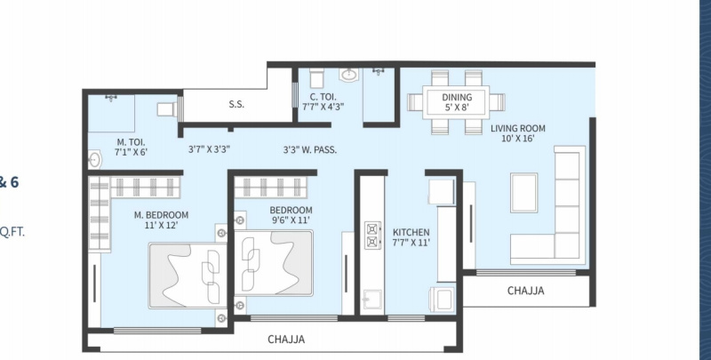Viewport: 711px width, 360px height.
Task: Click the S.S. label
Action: click(x=236, y=104)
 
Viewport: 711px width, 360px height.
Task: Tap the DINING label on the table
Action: click(x=457, y=97)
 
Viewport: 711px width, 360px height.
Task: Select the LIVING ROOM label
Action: click(x=518, y=128)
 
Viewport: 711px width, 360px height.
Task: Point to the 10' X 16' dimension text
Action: click(x=518, y=139)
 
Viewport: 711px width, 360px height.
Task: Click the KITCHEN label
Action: click(x=411, y=232)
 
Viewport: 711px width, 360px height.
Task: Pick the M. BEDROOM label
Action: click(x=161, y=215)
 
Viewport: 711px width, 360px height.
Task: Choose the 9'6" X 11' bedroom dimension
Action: click(x=291, y=220)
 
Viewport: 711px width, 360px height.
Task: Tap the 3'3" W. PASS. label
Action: click(x=310, y=149)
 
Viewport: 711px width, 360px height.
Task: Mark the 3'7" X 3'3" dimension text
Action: click(x=210, y=149)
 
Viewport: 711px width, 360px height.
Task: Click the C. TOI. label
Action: click(x=323, y=97)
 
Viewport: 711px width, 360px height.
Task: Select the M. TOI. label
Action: click(x=131, y=142)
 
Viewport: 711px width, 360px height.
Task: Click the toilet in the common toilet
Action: click(x=316, y=78)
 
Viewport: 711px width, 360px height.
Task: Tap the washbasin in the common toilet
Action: click(x=349, y=75)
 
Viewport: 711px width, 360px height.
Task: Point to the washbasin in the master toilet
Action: click(x=94, y=160)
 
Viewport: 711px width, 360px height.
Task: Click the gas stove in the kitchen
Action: click(x=373, y=236)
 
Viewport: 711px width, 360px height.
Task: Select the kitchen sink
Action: click(x=372, y=300)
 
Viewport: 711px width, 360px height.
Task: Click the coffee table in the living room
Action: click(x=523, y=193)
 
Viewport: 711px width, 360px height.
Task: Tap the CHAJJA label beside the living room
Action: click(x=525, y=291)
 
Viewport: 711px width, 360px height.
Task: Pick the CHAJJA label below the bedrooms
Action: click(x=286, y=340)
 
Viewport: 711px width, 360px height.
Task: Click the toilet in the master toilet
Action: click(x=167, y=109)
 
